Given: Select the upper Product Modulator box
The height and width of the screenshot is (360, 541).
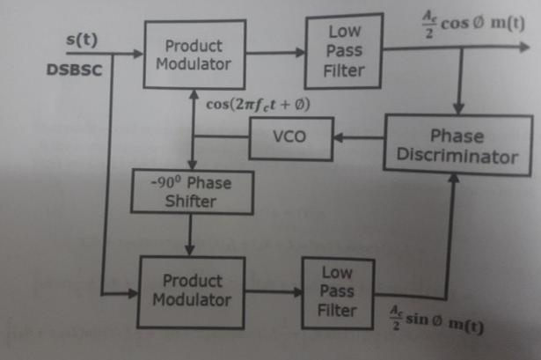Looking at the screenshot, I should coord(194,55).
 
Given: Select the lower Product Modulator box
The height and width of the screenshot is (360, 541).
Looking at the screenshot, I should coord(192,290).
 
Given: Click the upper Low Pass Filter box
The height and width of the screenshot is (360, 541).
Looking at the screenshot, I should coord(343,50).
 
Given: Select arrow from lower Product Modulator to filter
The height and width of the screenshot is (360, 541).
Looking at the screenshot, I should coord(269,290).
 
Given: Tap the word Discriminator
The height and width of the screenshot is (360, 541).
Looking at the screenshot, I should coord(455,156).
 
